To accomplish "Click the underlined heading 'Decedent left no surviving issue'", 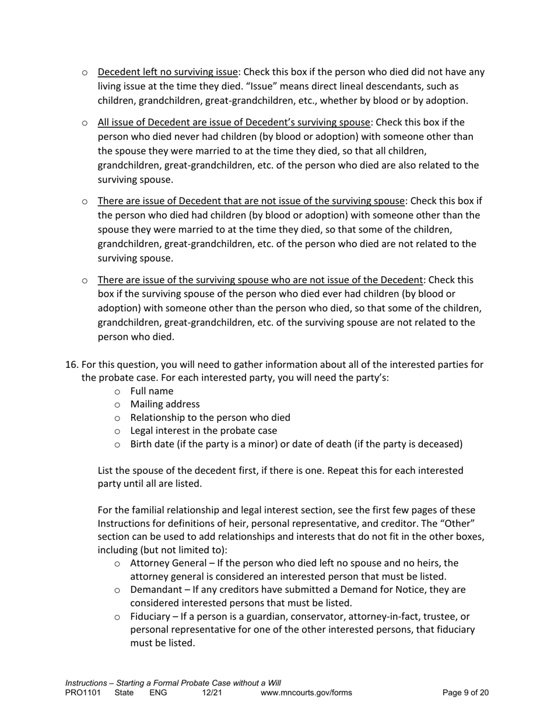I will coord(168,72).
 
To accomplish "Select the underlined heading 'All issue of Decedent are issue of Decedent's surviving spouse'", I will coord(234,122).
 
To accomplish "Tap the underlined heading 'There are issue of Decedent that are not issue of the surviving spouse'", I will coord(251,201).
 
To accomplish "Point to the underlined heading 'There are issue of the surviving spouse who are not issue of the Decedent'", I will coord(260,280).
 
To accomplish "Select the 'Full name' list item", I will coord(152,391).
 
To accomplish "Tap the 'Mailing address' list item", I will coord(164,404).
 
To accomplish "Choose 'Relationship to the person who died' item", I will coord(210,417).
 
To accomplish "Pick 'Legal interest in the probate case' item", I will coord(204,431).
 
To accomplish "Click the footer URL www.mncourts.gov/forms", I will coord(306,693).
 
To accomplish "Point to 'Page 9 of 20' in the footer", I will coord(465,693).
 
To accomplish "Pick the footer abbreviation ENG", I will coord(158,693).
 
